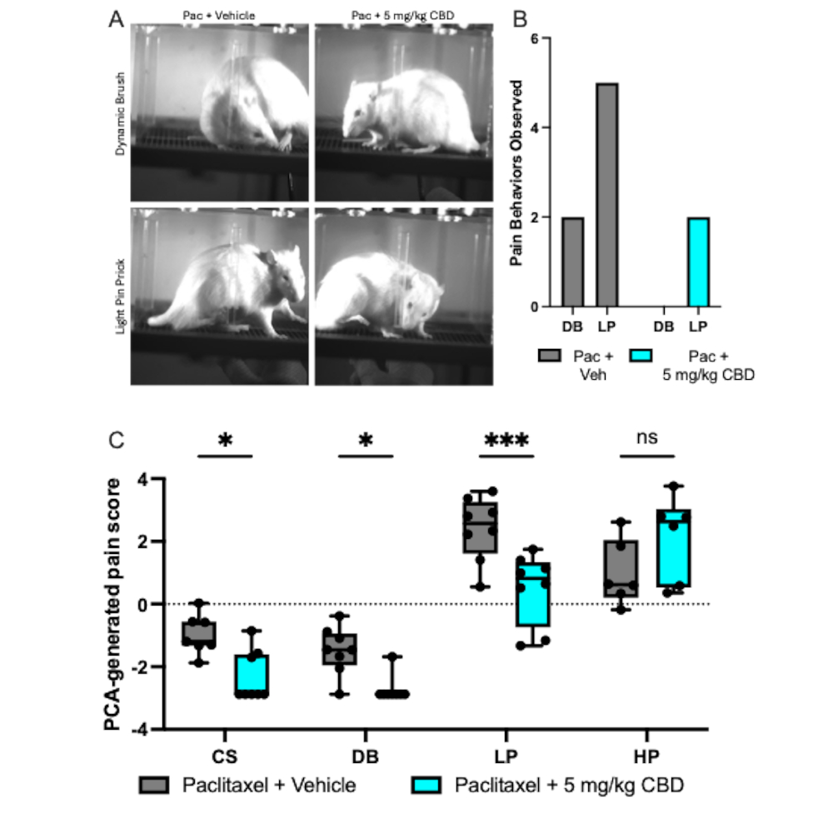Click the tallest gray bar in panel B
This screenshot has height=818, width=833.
coord(606,195)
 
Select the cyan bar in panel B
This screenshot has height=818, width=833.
coord(699,262)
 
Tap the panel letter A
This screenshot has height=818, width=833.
coord(117,19)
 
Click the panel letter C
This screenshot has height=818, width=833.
coord(117,441)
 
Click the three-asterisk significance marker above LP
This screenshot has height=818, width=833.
coord(506,440)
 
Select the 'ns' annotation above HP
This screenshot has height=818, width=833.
coord(647,437)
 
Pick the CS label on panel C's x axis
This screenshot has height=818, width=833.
coord(225,756)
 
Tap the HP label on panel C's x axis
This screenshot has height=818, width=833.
coord(646,756)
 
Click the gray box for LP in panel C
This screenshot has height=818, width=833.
coord(481,527)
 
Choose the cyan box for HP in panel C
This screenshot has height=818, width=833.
coord(674,548)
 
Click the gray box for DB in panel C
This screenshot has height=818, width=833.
coord(340,649)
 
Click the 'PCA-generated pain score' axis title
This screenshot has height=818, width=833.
coord(112,604)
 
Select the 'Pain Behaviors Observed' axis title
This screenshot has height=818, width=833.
coord(516,172)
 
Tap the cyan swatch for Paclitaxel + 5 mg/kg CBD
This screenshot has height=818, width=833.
coord(426,785)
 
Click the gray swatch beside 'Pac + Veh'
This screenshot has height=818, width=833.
coord(549,356)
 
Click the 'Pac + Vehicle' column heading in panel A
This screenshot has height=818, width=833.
coord(219,15)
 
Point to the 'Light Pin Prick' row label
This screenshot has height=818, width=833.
coord(121,297)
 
